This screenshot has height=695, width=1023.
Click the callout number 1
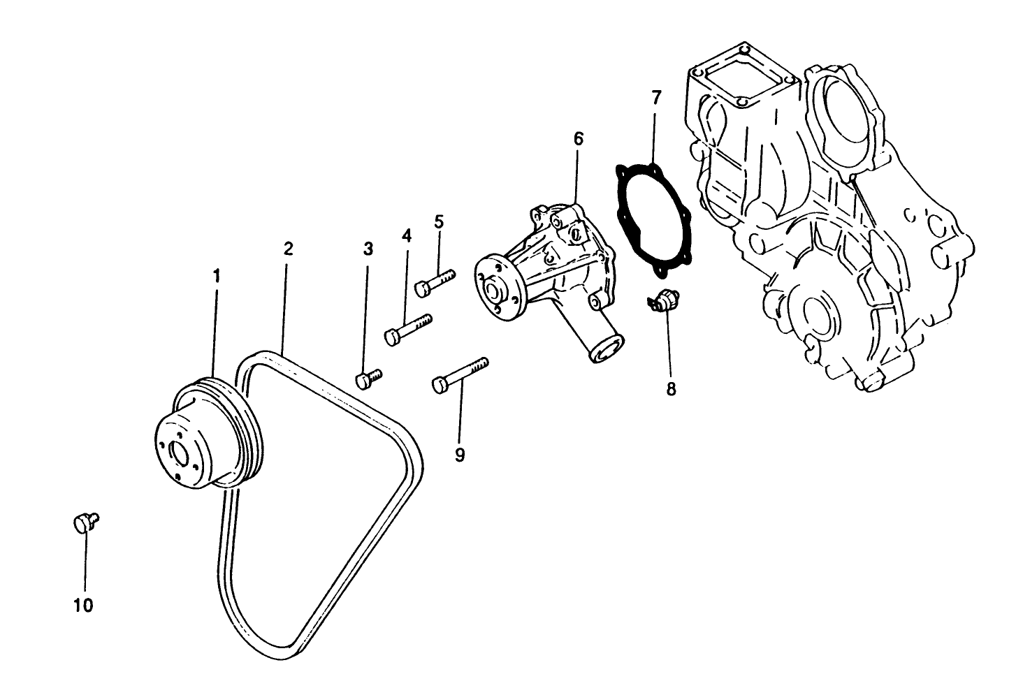click(217, 276)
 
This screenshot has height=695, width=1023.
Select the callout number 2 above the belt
click(288, 249)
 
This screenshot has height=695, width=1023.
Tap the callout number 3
click(368, 249)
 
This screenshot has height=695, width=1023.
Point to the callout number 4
click(407, 235)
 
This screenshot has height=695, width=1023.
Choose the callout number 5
click(439, 221)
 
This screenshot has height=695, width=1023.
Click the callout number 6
click(578, 138)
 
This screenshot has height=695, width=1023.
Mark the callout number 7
click(655, 98)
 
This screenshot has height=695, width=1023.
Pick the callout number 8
click(671, 388)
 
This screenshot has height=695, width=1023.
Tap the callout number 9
click(460, 455)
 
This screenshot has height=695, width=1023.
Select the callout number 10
click(83, 605)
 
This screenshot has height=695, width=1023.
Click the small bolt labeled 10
click(85, 522)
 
